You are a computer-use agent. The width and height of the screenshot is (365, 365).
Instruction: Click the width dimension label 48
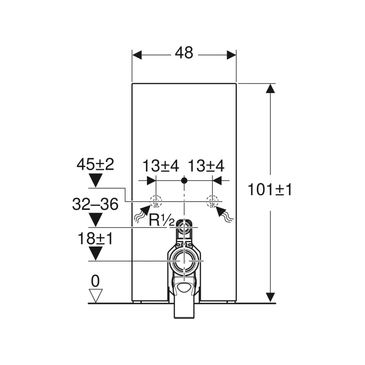click(x=184, y=53)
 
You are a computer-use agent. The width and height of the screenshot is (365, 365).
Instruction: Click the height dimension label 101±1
click(x=270, y=189)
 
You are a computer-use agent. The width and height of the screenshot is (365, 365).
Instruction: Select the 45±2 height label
click(x=95, y=164)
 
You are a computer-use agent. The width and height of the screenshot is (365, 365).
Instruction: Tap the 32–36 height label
click(x=95, y=204)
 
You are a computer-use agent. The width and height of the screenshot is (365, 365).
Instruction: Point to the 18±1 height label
click(x=95, y=238)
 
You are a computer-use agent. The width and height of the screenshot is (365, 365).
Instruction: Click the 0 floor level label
click(x=95, y=281)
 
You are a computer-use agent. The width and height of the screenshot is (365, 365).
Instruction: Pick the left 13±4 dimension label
click(x=161, y=166)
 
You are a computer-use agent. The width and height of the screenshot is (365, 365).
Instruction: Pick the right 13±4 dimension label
click(x=206, y=166)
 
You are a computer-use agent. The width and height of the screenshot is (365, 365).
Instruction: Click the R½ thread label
click(x=162, y=220)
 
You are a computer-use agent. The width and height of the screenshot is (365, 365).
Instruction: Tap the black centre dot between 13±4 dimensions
click(x=184, y=180)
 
